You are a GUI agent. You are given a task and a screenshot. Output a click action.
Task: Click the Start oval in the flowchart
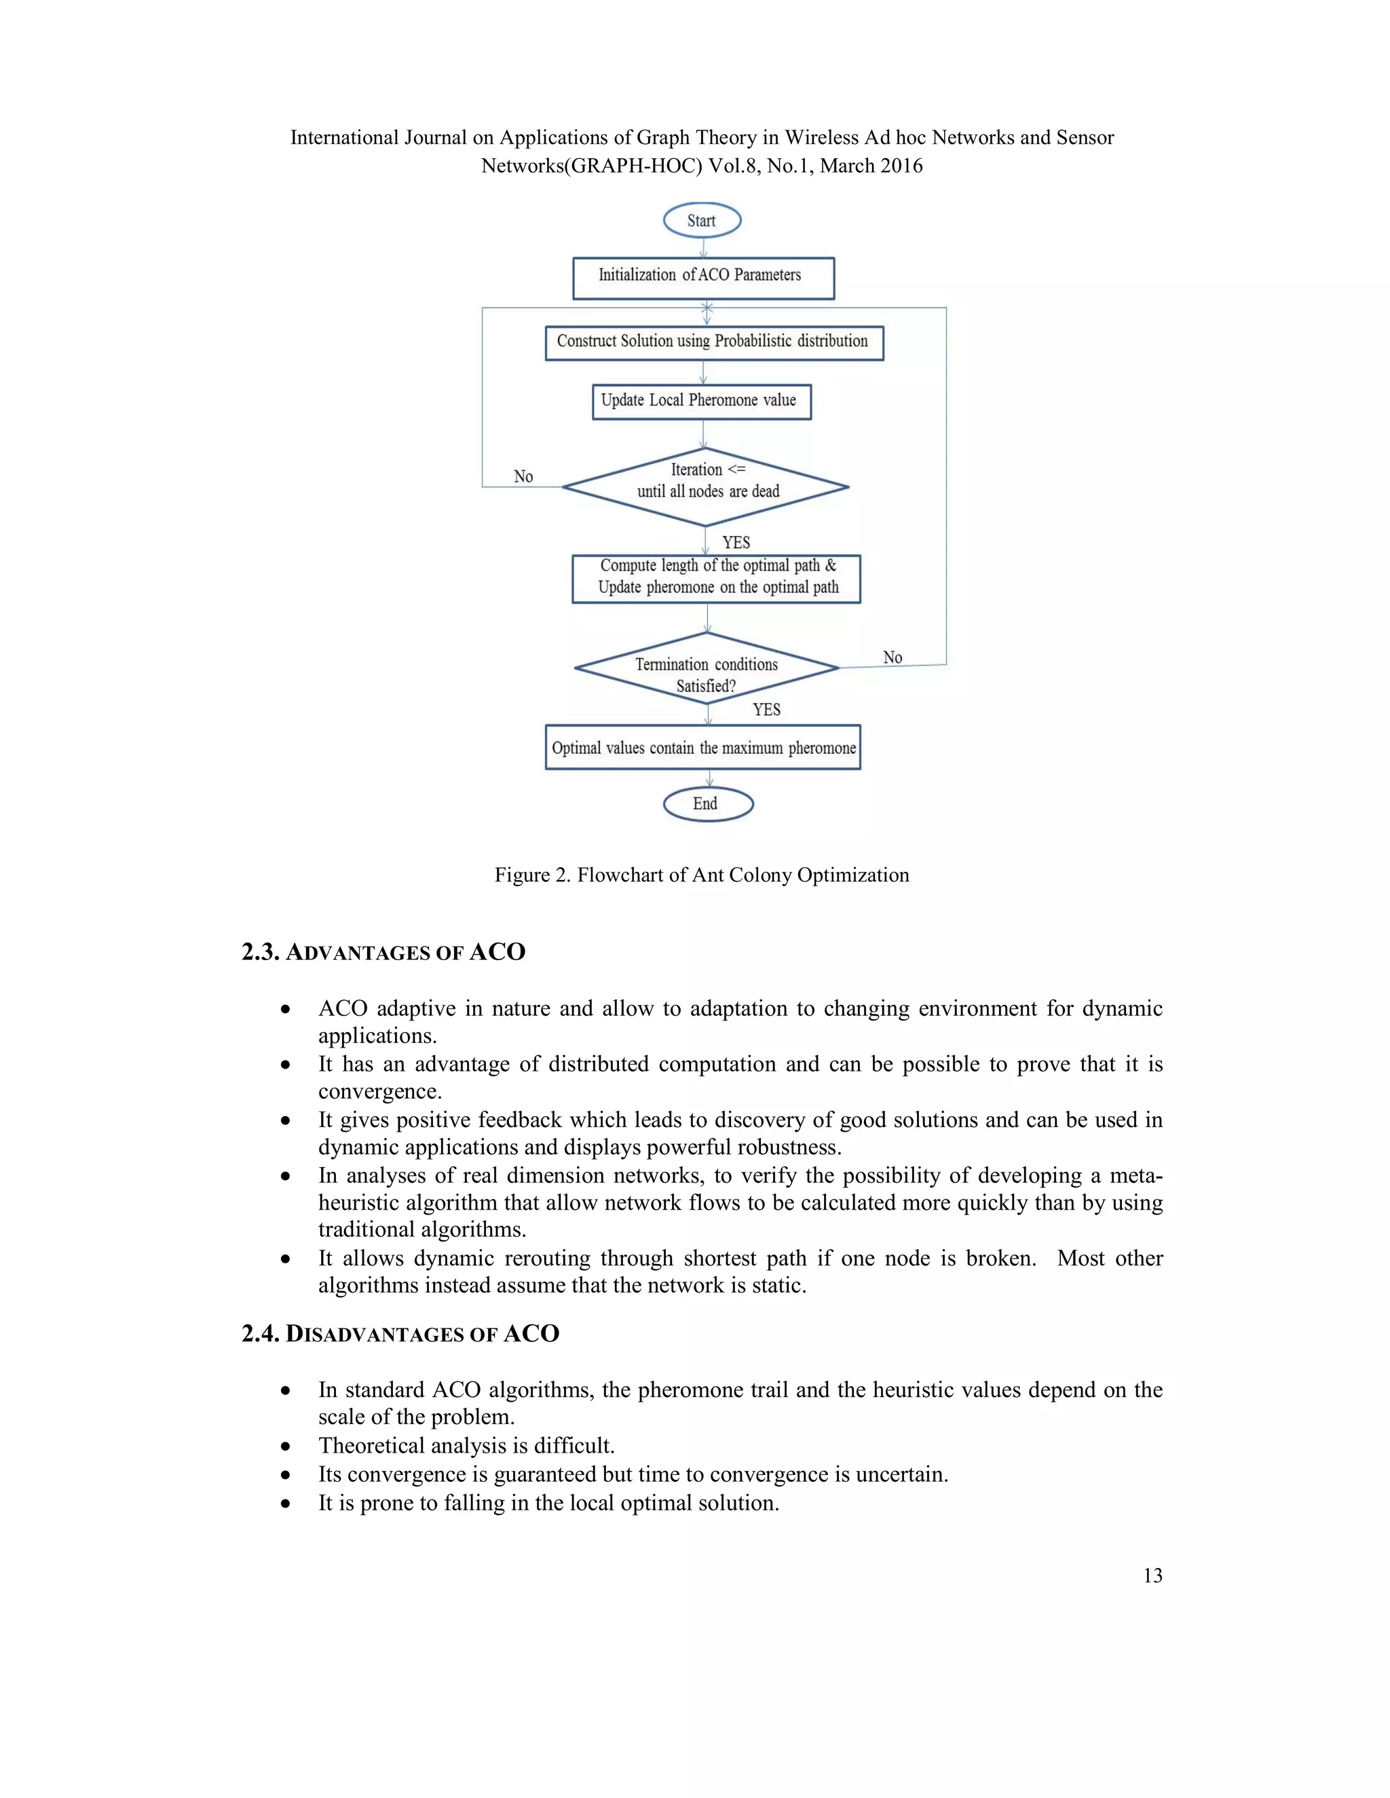click(x=702, y=221)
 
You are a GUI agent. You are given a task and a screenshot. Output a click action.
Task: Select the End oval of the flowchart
click(x=707, y=804)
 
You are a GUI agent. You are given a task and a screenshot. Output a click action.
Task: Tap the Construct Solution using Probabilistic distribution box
click(x=713, y=343)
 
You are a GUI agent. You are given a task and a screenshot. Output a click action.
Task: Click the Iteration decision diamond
click(x=706, y=486)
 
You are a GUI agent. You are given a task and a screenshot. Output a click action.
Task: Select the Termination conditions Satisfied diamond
click(x=706, y=668)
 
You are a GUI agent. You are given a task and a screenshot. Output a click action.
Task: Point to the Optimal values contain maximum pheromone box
click(x=702, y=748)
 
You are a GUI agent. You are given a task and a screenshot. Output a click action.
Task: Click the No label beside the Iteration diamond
click(x=523, y=477)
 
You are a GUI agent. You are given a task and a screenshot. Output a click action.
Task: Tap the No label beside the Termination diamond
click(x=893, y=657)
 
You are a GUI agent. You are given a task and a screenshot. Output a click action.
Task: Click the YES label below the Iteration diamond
click(x=736, y=543)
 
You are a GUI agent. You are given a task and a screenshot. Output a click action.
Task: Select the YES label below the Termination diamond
click(x=767, y=710)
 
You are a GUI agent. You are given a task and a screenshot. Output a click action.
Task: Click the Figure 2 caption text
click(x=702, y=875)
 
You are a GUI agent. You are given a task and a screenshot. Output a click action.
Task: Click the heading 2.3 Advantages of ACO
click(x=383, y=953)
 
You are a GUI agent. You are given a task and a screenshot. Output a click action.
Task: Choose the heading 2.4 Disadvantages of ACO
click(x=400, y=1334)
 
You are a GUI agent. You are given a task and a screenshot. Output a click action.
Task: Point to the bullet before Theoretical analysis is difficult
click(x=285, y=1447)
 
